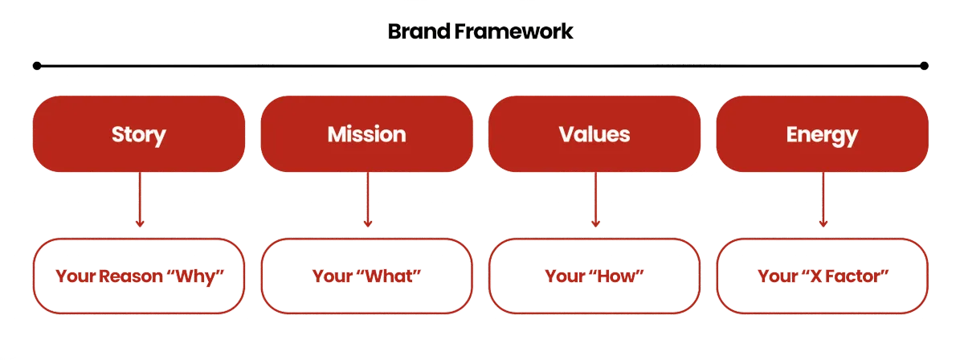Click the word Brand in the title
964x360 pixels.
[415, 32]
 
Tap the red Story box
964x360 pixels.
[139, 134]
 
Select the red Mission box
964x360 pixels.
[366, 134]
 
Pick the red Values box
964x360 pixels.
[594, 134]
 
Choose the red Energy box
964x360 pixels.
[822, 134]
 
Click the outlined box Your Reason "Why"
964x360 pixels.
[139, 276]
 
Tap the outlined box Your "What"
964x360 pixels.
[366, 276]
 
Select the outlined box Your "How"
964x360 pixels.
[594, 276]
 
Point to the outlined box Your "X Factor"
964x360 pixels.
[822, 276]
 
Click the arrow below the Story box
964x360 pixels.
[140, 201]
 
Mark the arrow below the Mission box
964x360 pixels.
[368, 201]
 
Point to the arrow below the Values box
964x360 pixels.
[595, 201]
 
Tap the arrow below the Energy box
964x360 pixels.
[823, 201]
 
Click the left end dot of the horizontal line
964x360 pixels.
[37, 65]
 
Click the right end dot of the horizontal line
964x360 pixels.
[925, 65]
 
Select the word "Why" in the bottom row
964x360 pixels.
[196, 276]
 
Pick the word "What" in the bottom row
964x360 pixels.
[394, 276]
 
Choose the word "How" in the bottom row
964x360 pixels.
[622, 276]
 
